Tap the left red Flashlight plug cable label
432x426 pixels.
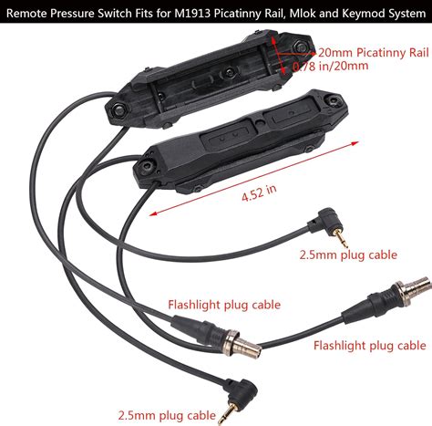223,305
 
